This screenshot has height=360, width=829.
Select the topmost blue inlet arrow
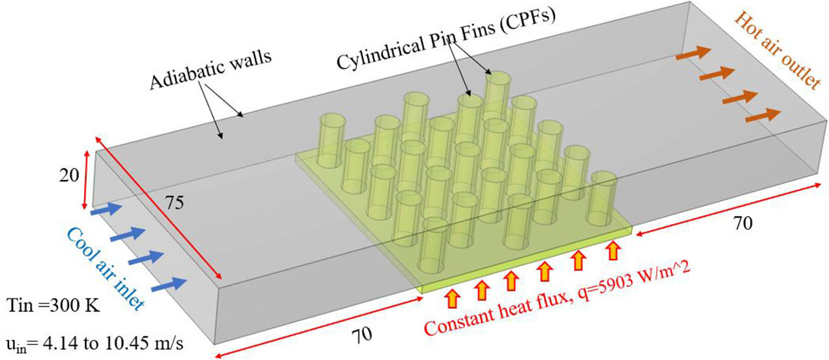106,209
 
